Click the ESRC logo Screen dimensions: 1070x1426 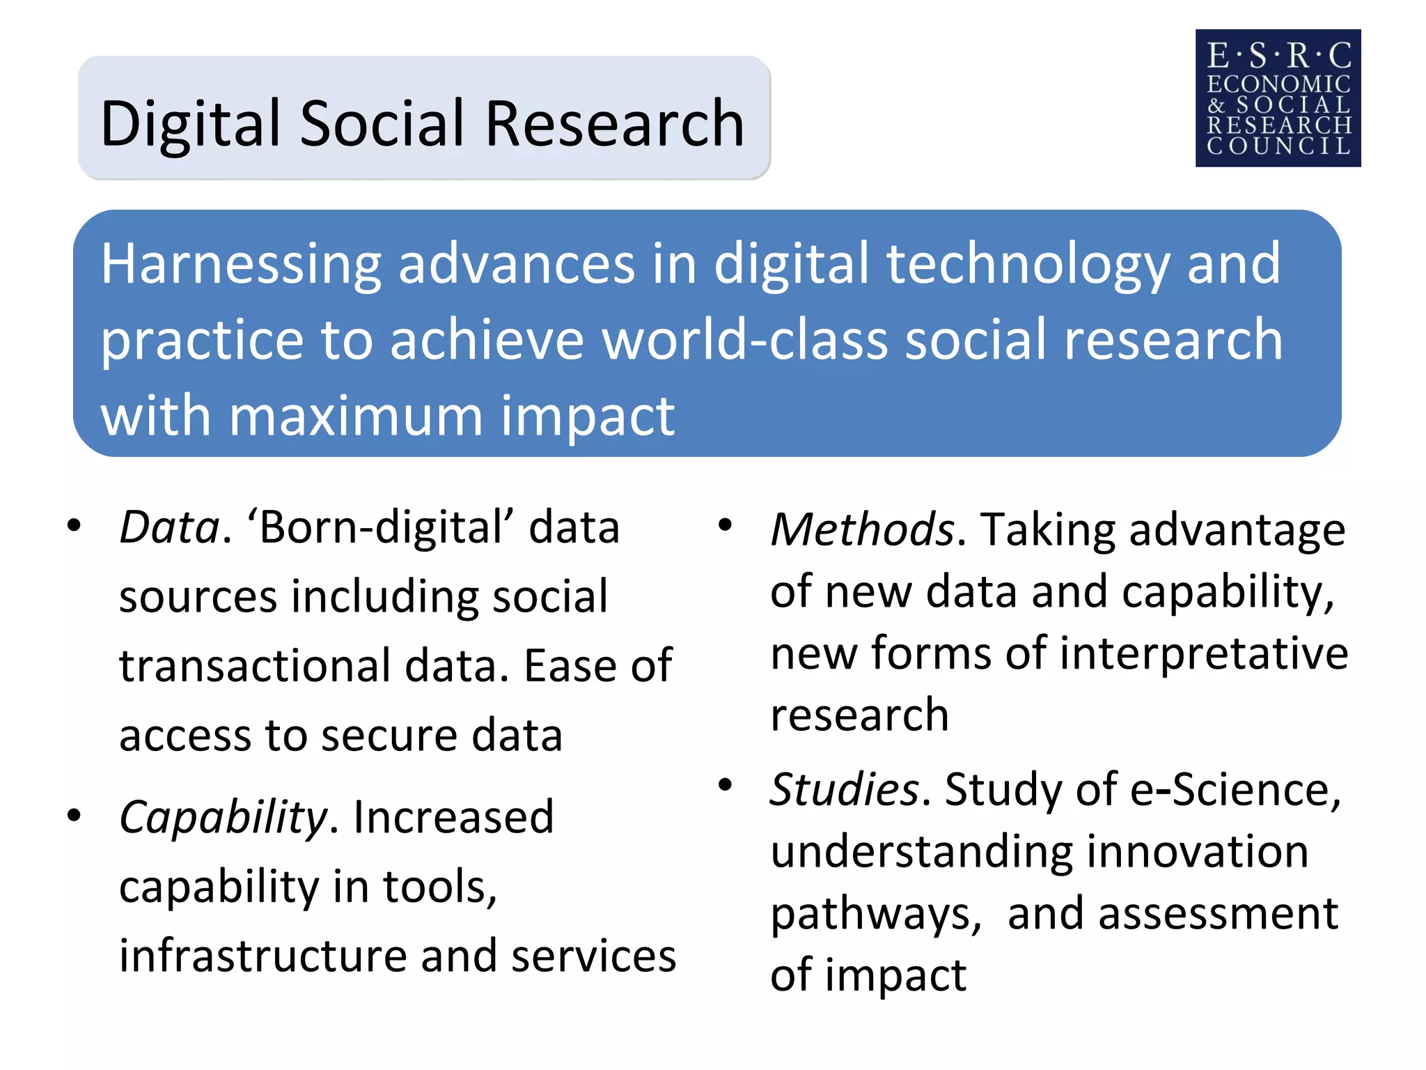(1278, 98)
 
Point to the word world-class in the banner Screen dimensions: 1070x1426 (745, 340)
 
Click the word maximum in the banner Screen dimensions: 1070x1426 (356, 417)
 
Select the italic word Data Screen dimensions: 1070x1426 (169, 527)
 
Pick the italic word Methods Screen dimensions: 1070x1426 (863, 530)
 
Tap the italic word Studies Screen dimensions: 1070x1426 (844, 790)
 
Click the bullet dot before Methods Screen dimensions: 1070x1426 (725, 525)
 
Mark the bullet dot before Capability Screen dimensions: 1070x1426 (75, 814)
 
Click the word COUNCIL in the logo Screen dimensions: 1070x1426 (1278, 146)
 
